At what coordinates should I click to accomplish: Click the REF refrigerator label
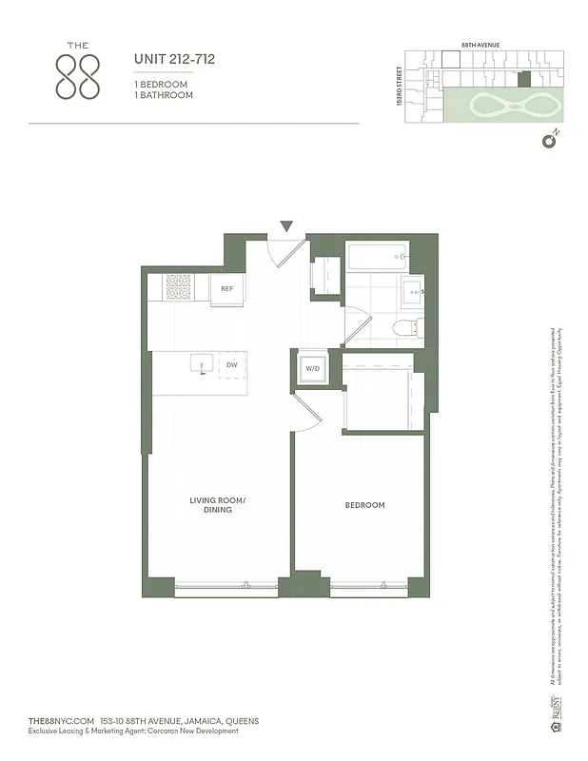coord(227,289)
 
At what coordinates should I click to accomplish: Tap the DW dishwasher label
coord(231,365)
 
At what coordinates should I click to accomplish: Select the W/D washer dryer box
coord(312,368)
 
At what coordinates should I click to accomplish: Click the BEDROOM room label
coord(364,505)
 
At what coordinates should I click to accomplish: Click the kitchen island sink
coord(201,363)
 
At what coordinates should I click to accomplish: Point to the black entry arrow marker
coord(286,226)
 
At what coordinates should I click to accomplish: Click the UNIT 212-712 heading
coord(174,59)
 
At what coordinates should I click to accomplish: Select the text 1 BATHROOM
coord(161,95)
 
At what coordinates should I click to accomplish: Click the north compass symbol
coord(548,142)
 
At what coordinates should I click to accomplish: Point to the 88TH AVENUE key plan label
coord(480,45)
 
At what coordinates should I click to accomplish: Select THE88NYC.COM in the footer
coord(62,721)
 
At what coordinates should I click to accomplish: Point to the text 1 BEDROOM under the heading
coord(161,85)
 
